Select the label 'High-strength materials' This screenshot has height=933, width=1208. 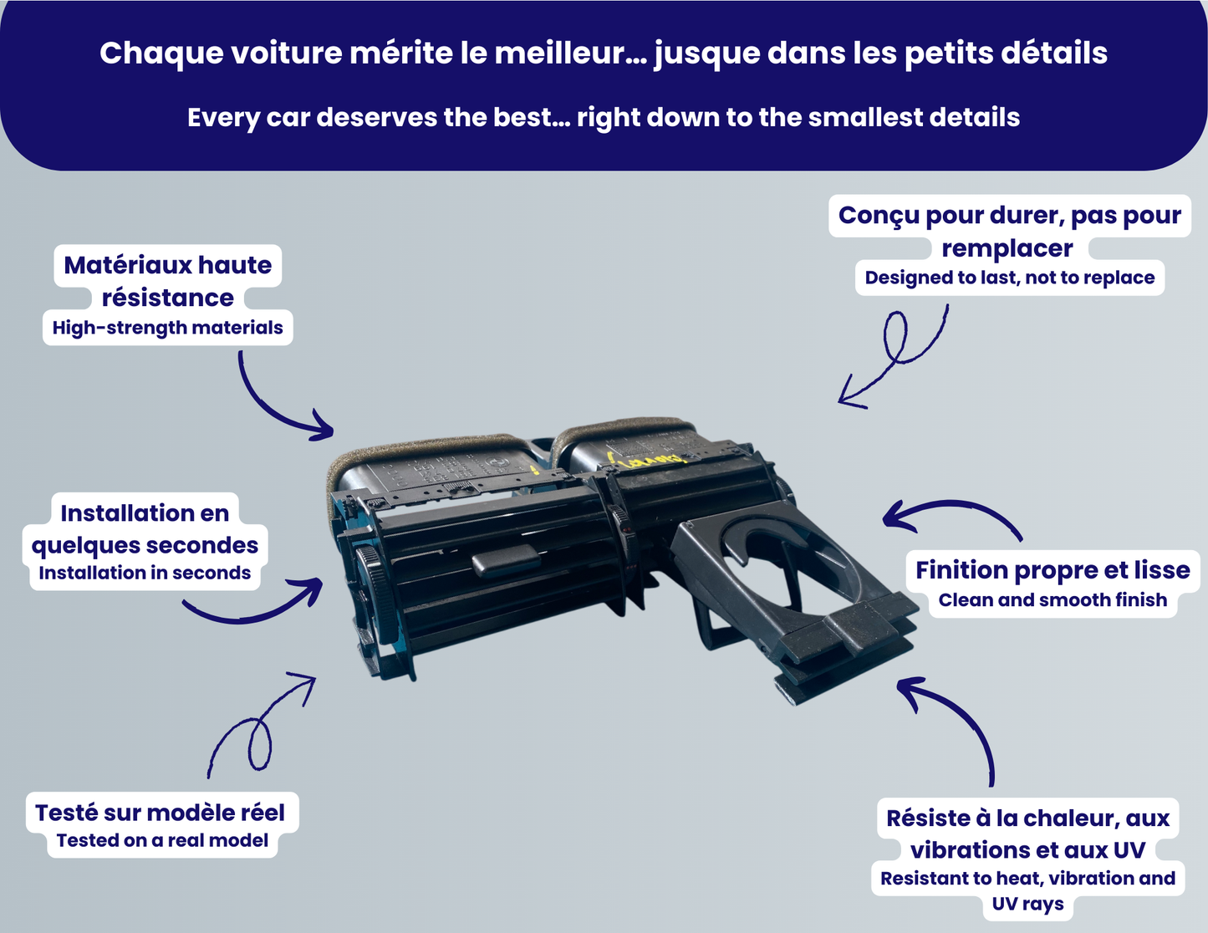[167, 328]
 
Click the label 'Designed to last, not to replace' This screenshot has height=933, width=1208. [1009, 278]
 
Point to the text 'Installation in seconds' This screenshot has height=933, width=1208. [145, 574]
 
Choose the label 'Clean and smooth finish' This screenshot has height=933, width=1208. [1052, 600]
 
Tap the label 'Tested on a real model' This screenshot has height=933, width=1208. [162, 841]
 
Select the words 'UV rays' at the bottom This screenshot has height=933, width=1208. [1027, 905]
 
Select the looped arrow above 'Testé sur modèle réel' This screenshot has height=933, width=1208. [259, 727]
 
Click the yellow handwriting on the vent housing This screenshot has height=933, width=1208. [649, 459]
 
